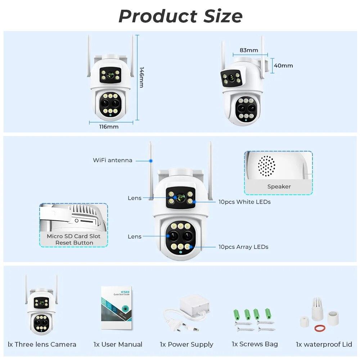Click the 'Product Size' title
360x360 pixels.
[x=180, y=16]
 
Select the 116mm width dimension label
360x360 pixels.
[x=109, y=127]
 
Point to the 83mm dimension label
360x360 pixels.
[x=249, y=50]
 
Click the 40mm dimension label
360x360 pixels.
[x=283, y=66]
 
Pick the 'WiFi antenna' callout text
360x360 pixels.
[x=112, y=160]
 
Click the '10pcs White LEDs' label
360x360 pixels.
[x=244, y=202]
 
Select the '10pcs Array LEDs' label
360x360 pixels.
[x=243, y=247]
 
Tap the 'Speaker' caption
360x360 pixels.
[x=279, y=186]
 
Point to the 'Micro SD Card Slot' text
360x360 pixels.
[x=73, y=236]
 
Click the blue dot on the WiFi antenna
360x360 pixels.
[x=151, y=160]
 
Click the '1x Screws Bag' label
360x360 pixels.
[x=255, y=344]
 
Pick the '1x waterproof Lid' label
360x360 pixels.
[x=324, y=344]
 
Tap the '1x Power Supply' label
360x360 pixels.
[x=186, y=345]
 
